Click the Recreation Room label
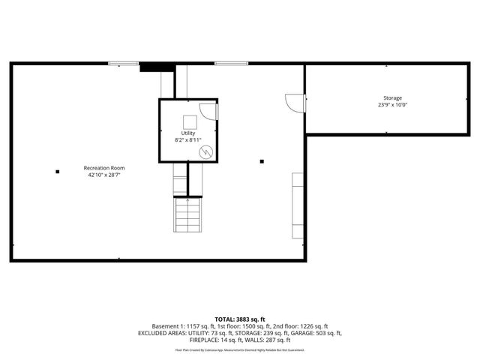coord(103,168)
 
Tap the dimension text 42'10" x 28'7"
coord(103,175)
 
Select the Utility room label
coord(187,133)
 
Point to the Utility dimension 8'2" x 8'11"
coord(187,140)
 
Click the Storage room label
coord(392,98)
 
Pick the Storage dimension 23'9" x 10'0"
coord(392,105)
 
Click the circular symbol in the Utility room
coord(205,151)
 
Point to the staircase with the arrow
coord(187,215)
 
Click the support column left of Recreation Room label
coord(57,172)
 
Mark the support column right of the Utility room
coord(262,160)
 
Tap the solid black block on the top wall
coord(151,67)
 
